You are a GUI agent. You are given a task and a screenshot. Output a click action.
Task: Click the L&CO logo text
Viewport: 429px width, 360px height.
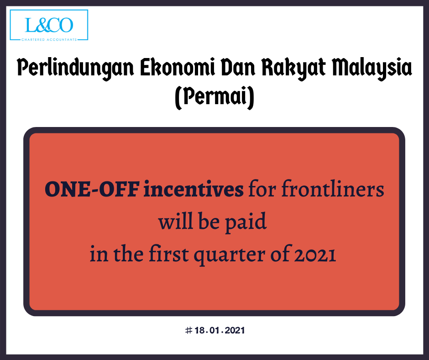(x=49, y=25)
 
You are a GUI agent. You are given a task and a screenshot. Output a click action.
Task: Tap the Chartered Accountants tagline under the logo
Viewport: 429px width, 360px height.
(x=49, y=40)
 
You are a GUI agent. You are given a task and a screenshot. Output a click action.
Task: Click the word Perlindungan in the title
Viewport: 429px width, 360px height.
(x=75, y=68)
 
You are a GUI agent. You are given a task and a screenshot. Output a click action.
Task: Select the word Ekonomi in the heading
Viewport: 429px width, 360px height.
(x=178, y=67)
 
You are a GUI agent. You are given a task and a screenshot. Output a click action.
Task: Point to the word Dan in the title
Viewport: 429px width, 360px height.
(x=238, y=67)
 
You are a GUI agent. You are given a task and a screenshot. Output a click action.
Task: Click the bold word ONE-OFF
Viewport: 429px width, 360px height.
(x=92, y=189)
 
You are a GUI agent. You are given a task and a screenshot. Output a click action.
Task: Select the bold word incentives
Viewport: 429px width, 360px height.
(x=194, y=189)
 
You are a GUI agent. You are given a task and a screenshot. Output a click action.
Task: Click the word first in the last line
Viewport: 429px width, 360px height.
(x=169, y=253)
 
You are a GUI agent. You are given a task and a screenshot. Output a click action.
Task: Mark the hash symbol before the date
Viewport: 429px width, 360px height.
(x=188, y=330)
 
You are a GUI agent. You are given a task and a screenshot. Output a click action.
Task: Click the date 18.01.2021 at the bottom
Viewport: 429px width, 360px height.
(x=220, y=330)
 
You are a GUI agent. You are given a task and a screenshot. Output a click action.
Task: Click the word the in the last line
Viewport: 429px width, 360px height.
(x=128, y=254)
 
